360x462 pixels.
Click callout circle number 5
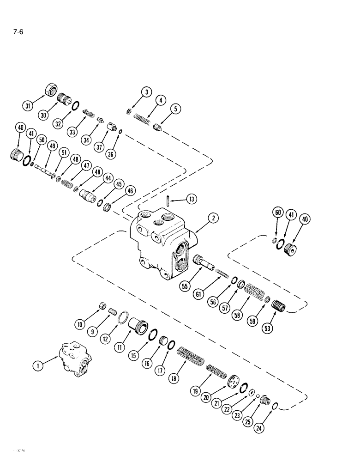pos(175,109)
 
